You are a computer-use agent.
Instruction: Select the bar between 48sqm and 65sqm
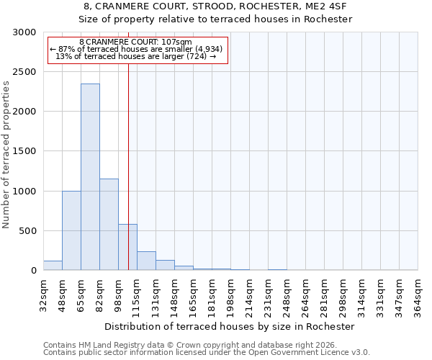[71, 230]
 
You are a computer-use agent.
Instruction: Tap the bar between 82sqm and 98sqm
[109, 224]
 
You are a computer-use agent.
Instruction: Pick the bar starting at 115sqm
[146, 261]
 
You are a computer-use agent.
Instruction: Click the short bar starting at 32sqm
[53, 266]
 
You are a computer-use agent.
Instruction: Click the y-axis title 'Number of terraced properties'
[6, 154]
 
